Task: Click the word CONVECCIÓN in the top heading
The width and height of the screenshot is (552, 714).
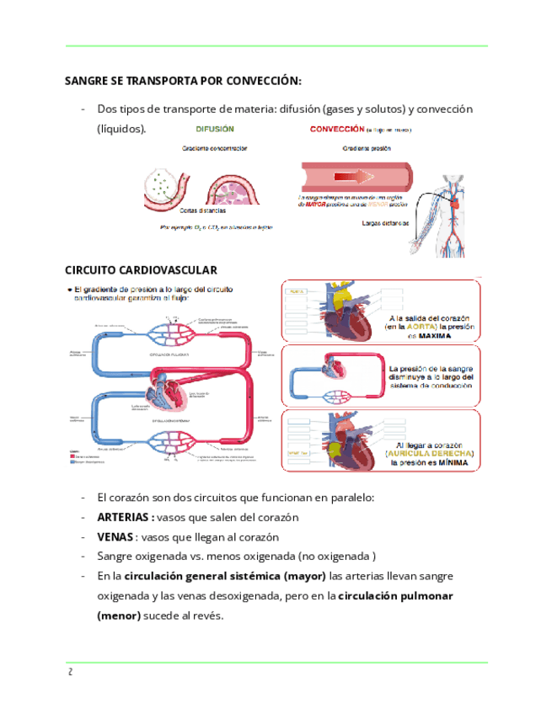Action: coord(257,81)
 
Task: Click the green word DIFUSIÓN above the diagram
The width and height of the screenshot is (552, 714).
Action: coord(215,130)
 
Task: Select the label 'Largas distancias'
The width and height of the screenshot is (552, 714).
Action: coord(384,224)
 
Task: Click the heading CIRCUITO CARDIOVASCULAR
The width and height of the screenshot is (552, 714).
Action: coord(141,269)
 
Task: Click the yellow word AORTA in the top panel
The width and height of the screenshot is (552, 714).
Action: coord(419,326)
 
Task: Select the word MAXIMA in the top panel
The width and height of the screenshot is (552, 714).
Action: coord(432,335)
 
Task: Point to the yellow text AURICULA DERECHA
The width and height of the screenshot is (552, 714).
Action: coord(430,453)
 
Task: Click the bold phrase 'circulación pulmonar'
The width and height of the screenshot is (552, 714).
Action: coord(395,596)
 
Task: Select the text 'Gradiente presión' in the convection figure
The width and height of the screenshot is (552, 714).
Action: coord(366,147)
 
